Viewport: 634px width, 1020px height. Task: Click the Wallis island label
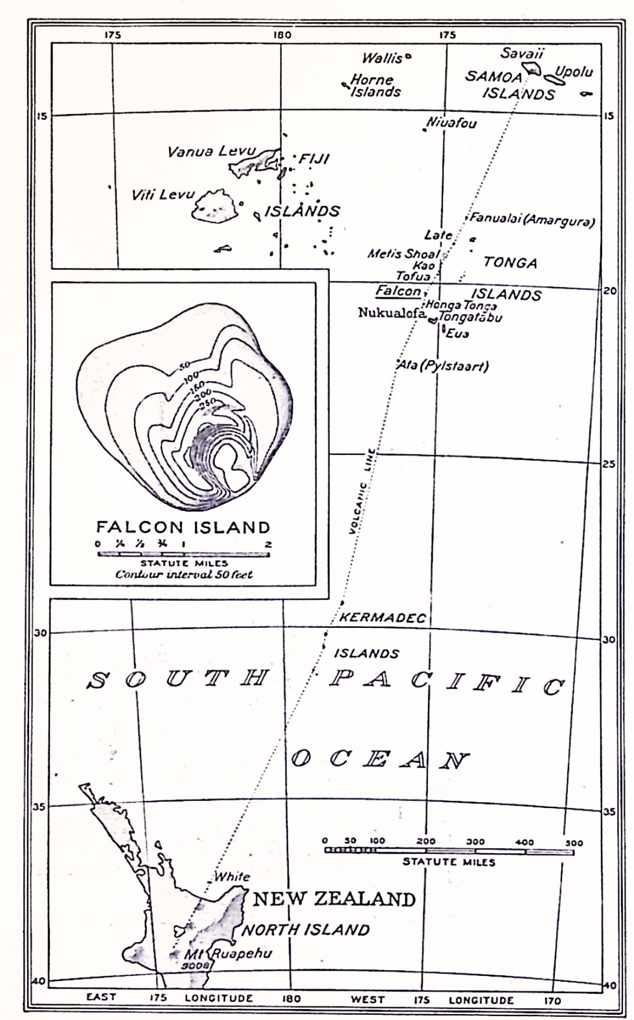[x=382, y=58]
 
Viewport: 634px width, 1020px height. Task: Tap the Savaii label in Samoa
[x=522, y=53]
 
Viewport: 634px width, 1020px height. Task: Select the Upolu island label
[x=574, y=72]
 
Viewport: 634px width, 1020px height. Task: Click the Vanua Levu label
[x=211, y=152]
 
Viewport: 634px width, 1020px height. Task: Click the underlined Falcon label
[x=398, y=290]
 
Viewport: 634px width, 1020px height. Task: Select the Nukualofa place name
[x=391, y=313]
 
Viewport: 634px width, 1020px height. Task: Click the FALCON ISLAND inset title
[x=183, y=527]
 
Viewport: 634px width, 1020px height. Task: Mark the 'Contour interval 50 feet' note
[x=184, y=574]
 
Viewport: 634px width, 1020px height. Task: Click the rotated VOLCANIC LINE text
[x=361, y=491]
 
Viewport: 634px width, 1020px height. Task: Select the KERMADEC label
[x=382, y=617]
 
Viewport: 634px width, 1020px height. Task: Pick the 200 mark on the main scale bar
[x=426, y=841]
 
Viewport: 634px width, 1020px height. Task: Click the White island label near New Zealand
[x=232, y=877]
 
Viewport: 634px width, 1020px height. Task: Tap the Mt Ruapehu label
[x=228, y=954]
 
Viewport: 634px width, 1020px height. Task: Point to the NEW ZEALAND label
[x=334, y=899]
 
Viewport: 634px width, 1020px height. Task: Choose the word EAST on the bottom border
[x=101, y=997]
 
